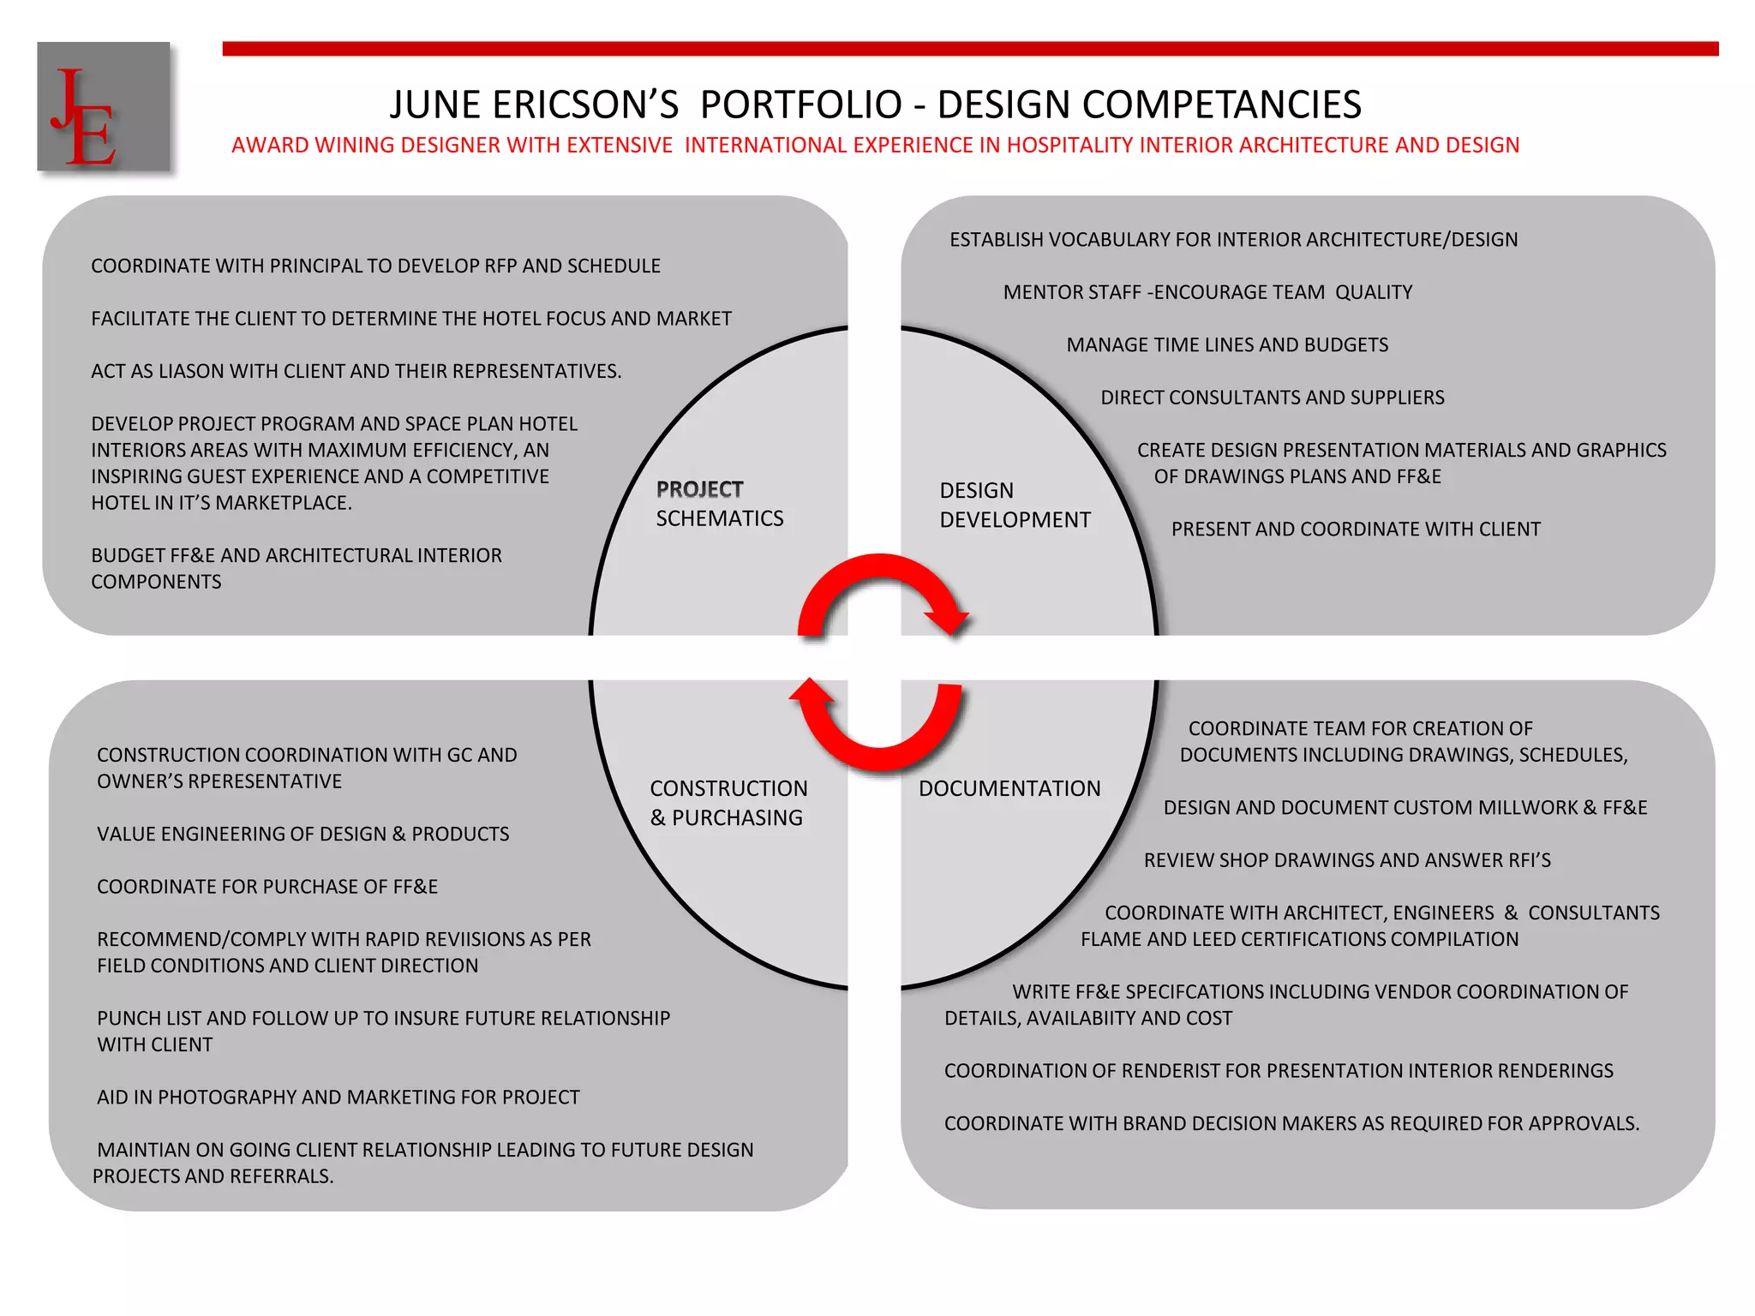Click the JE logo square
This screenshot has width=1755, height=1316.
tap(103, 106)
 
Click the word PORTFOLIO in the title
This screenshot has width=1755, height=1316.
tap(801, 105)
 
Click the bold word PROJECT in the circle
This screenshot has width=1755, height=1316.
tap(699, 489)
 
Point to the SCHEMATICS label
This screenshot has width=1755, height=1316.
tap(720, 518)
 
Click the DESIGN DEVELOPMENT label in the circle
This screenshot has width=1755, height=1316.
tap(1014, 505)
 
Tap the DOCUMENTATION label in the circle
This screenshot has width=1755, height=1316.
tap(1009, 788)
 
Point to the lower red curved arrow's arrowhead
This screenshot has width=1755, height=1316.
tap(810, 691)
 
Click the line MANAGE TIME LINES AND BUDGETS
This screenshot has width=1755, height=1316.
tap(1227, 344)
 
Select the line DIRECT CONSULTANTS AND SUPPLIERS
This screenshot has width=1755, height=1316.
tap(1272, 398)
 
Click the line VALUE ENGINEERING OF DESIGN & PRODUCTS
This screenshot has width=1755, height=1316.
tap(302, 834)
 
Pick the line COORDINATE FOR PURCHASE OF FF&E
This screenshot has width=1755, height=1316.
tap(267, 887)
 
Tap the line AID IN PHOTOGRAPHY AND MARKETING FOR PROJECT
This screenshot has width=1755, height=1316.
tap(338, 1098)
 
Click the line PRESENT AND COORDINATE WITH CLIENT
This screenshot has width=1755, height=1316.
tap(1356, 529)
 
